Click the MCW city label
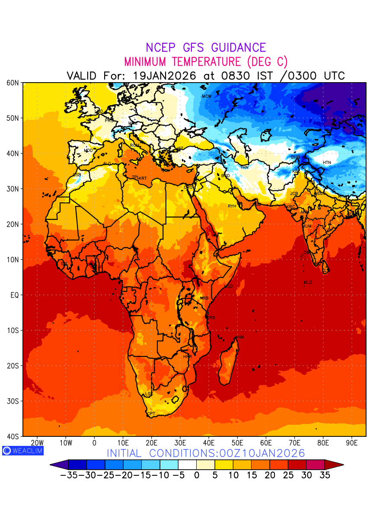[207, 96]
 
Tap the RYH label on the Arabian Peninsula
[232, 206]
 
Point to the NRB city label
[204, 298]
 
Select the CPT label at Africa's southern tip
[151, 414]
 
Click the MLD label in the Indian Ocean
[308, 282]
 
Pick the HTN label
[327, 163]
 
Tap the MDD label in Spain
[88, 151]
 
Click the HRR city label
[187, 357]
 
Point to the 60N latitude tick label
[13, 83]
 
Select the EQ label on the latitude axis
[14, 295]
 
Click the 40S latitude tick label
[13, 436]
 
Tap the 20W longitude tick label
[37, 443]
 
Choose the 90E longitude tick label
[352, 443]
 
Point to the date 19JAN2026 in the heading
[164, 76]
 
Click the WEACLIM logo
[22, 451]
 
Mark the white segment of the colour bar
[187, 465]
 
